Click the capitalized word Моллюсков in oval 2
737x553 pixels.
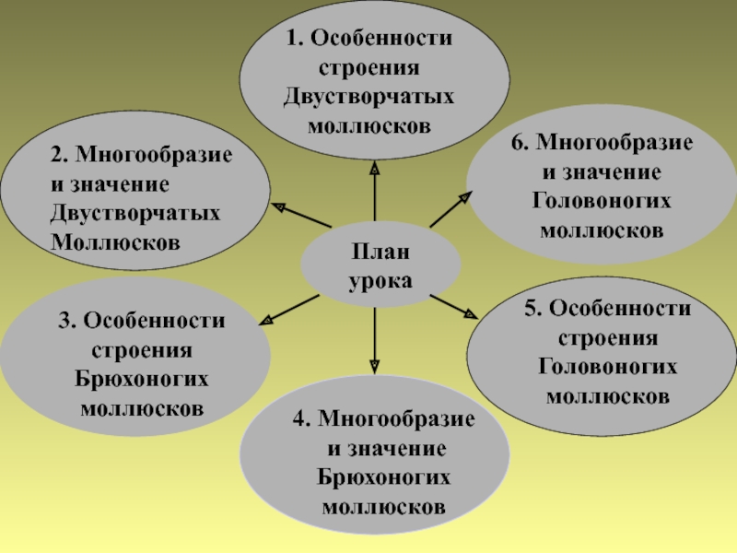click(x=116, y=241)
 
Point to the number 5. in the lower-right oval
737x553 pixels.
click(x=534, y=309)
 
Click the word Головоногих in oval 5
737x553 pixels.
click(x=607, y=367)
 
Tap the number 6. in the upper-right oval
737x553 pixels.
click(x=521, y=144)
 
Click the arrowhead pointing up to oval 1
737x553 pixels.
click(x=375, y=170)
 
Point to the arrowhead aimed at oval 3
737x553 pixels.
click(x=269, y=319)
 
